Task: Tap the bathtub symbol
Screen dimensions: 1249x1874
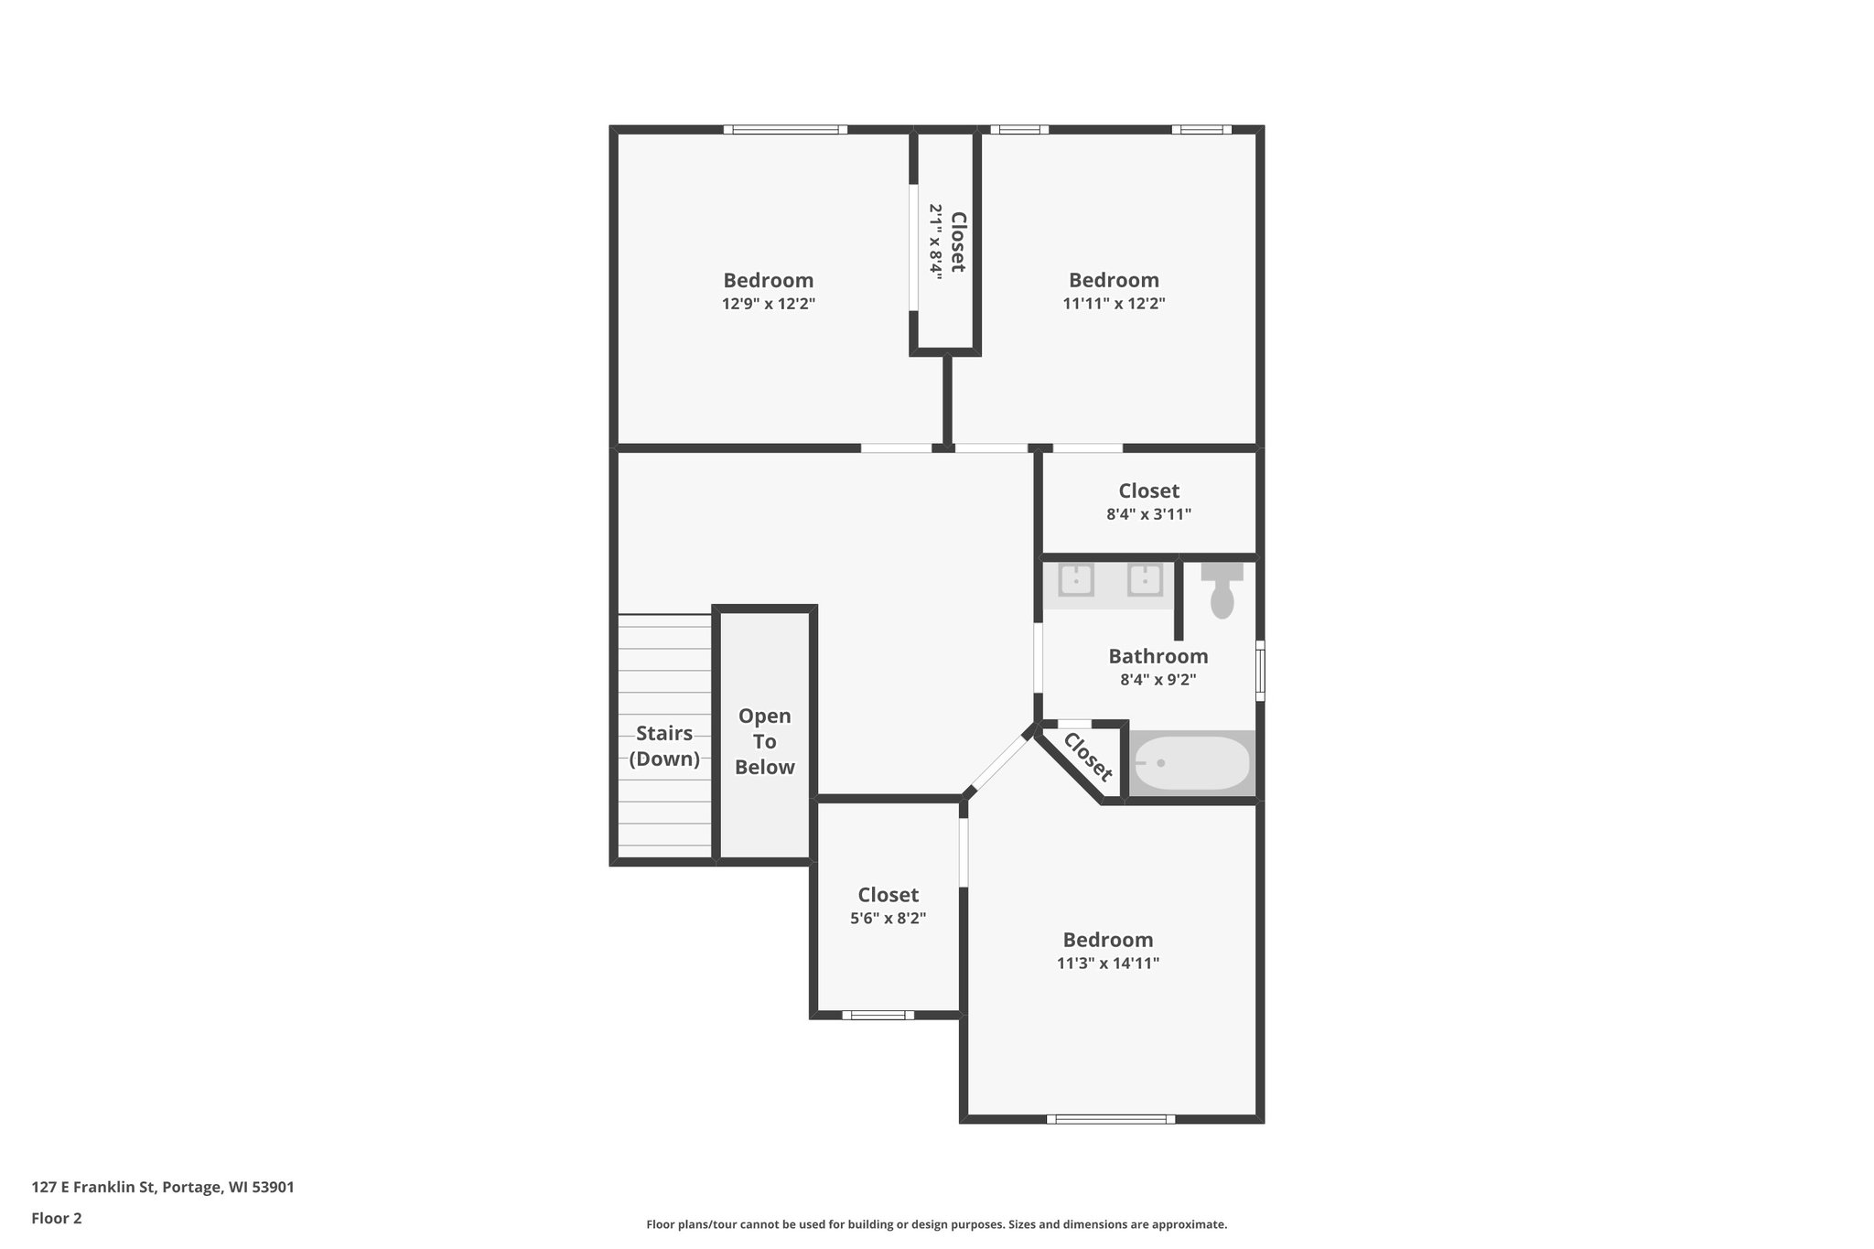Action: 1191,763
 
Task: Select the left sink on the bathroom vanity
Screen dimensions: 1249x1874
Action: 1077,580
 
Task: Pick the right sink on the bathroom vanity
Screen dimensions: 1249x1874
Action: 1145,580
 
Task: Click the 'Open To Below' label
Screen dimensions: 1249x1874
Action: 764,741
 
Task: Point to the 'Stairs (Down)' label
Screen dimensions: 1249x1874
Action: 664,746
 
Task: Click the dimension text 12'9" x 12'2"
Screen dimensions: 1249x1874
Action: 768,304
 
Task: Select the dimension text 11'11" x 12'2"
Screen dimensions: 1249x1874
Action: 1114,304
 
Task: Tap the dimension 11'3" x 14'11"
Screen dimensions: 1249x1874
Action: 1108,964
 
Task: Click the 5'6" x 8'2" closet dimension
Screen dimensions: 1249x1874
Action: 888,919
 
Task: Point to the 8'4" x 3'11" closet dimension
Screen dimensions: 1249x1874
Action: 1148,514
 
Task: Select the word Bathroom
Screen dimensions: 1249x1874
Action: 1158,656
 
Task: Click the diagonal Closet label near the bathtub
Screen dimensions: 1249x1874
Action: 1087,757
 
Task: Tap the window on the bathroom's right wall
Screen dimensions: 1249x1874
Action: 1260,671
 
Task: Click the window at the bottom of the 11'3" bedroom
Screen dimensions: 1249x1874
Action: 1110,1118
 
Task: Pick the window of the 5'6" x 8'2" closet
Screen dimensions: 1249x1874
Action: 878,1015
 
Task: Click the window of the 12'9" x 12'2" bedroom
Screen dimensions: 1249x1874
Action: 785,130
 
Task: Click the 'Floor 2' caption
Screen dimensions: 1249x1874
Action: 57,1218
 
